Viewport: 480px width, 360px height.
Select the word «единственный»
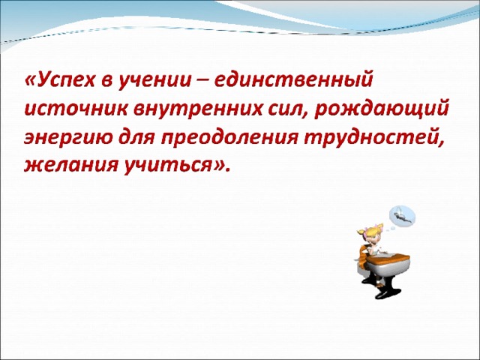tap(294, 80)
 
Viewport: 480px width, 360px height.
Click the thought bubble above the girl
tap(402, 216)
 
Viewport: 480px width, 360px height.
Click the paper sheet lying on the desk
tap(389, 254)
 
